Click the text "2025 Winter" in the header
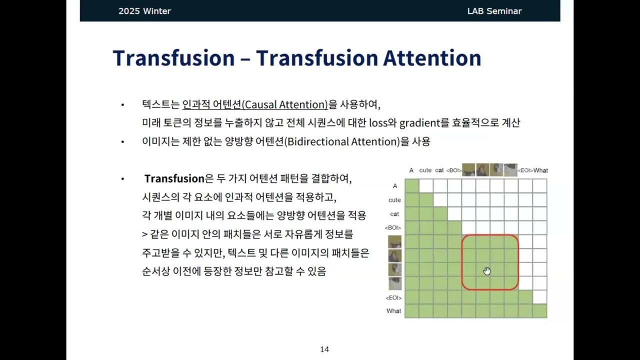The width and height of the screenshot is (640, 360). (x=144, y=11)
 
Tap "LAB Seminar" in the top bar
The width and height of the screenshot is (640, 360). (x=494, y=11)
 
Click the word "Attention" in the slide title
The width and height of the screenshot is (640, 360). (x=432, y=58)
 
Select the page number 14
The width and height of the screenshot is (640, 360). (x=324, y=349)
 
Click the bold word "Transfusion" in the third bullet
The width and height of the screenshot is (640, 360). (x=174, y=178)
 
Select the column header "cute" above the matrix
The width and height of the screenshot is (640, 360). (x=425, y=170)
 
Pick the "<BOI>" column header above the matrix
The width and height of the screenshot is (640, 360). (x=453, y=170)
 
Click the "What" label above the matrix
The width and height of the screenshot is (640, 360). (x=540, y=170)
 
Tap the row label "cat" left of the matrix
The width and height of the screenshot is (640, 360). (x=394, y=214)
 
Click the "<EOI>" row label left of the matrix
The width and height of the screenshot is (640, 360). (x=394, y=298)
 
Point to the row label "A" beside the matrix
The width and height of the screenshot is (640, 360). (x=395, y=186)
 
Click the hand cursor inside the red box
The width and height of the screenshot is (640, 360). (x=487, y=271)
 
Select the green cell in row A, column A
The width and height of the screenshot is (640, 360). (x=411, y=186)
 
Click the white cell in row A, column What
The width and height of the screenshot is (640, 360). (x=539, y=186)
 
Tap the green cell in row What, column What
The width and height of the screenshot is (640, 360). (x=539, y=310)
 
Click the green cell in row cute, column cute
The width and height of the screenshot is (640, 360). (x=425, y=200)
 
